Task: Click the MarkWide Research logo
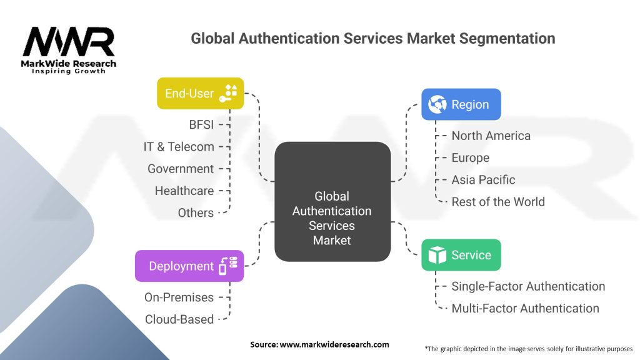(69, 50)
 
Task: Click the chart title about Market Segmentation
(372, 39)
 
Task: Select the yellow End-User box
(200, 94)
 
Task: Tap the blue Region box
(461, 104)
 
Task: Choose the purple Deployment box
(189, 266)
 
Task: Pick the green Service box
(461, 255)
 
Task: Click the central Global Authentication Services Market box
(332, 218)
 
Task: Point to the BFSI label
(201, 124)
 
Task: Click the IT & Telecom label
(179, 147)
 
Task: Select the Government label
(181, 169)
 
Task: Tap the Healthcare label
(184, 191)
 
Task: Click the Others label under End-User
(196, 212)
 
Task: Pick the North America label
(491, 136)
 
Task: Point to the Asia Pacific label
(483, 179)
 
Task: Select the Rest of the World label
(498, 202)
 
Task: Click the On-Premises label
(179, 297)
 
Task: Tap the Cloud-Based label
(179, 319)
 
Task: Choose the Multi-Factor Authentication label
(525, 308)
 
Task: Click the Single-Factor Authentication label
(528, 286)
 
